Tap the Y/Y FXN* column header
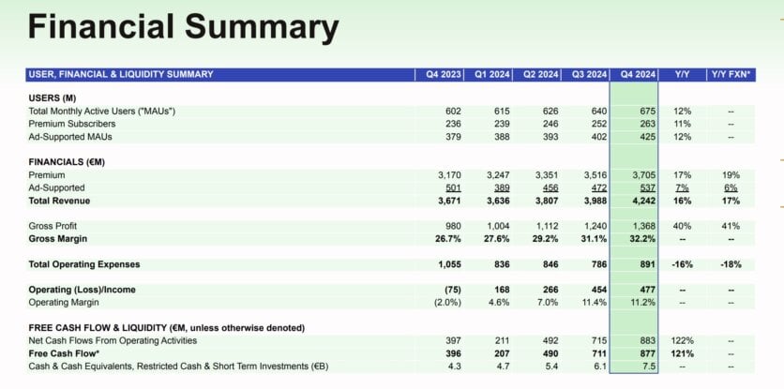coord(731,74)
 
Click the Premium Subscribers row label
coord(72,124)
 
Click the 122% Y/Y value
coord(681,340)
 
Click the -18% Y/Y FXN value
coord(731,264)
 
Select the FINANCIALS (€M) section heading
coord(67,162)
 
